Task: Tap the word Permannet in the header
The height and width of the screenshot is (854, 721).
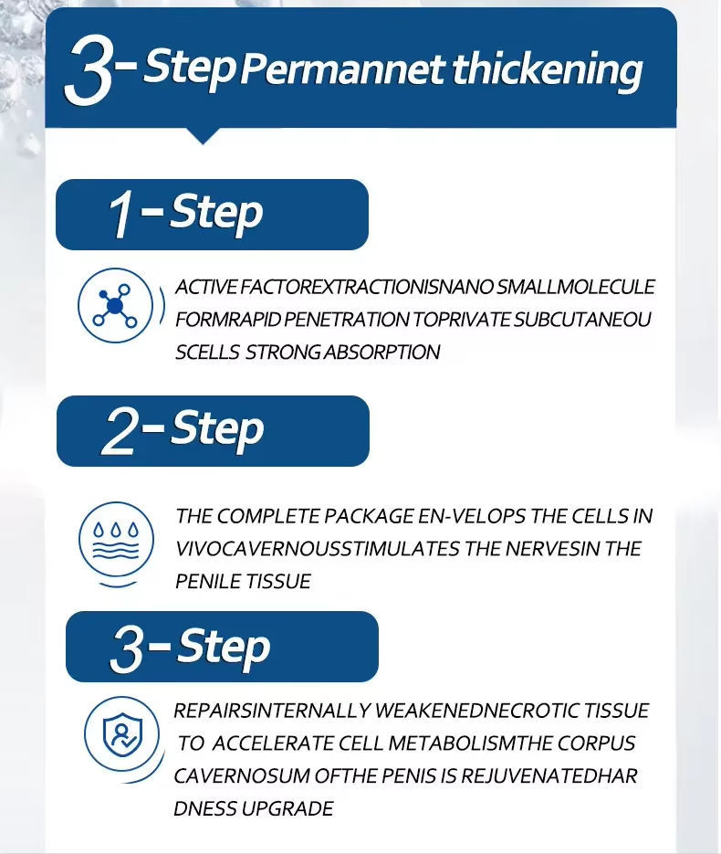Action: coord(342,70)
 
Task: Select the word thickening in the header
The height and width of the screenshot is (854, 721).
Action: coord(548,70)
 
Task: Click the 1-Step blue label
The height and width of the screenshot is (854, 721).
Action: coord(213,215)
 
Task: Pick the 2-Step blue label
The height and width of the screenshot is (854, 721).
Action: coord(213,431)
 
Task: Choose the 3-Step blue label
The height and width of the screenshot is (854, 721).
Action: coord(222,647)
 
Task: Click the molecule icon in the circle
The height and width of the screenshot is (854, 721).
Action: coord(115,305)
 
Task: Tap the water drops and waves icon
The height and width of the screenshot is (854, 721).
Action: coord(116,540)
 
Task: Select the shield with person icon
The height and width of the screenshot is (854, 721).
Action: coord(122,733)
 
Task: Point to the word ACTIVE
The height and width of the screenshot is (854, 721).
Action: coord(206,287)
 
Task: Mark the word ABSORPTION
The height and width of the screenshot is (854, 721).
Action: coord(382,353)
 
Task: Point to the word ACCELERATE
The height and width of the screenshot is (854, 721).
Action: coord(273,743)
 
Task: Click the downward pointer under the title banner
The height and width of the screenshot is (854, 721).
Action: coord(203,136)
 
